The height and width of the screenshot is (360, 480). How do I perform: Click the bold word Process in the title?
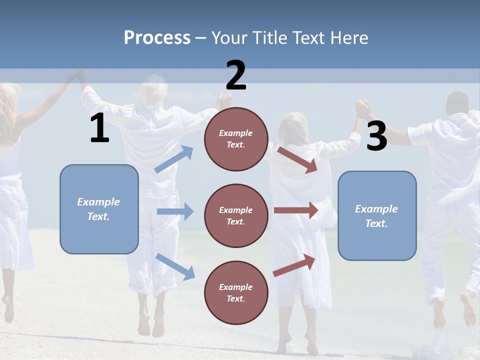coord(157,38)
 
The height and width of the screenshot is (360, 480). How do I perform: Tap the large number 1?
coord(99,128)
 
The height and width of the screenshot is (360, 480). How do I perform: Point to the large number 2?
coord(236,75)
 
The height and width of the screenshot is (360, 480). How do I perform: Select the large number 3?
coord(376,136)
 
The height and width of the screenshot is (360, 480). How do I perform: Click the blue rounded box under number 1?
coord(99,209)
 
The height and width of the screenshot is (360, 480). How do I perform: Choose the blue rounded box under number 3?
coord(377,215)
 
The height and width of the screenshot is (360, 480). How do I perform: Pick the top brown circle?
coord(236,139)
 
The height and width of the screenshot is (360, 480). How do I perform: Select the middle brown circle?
coord(236,215)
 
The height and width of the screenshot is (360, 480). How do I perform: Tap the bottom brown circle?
coord(236,292)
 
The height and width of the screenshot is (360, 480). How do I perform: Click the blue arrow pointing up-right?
coord(174,159)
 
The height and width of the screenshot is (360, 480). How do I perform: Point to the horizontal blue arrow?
coord(175,211)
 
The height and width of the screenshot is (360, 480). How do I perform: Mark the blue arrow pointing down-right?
coord(175,266)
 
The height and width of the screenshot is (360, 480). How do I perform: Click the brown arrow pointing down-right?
coord(297,159)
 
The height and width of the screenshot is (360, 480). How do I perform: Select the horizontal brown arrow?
coord(295,210)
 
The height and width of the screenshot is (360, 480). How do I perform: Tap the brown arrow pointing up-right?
coord(294,265)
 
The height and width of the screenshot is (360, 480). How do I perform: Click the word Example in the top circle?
coord(236,133)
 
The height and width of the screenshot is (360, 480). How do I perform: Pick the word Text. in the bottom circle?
coord(236,298)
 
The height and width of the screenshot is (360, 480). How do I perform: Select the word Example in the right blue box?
coord(376,209)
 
